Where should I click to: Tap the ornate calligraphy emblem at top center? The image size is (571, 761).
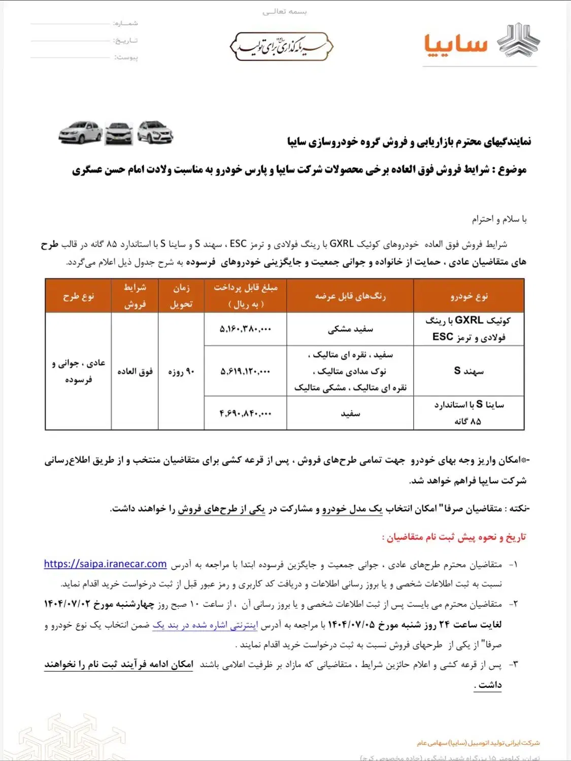click(x=282, y=47)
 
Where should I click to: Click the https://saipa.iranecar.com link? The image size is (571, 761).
click(x=105, y=564)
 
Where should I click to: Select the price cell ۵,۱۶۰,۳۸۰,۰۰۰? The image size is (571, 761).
click(x=245, y=329)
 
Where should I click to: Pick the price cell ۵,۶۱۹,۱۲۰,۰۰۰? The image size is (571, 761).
click(x=245, y=371)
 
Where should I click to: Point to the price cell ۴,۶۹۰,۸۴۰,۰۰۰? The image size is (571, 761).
click(x=245, y=413)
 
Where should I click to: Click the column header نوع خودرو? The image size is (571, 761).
click(x=468, y=296)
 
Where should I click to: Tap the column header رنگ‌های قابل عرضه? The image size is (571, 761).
click(x=350, y=296)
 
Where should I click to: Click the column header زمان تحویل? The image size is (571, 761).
click(x=181, y=296)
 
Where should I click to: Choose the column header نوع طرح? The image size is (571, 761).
click(x=78, y=296)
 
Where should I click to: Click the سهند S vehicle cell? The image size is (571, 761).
click(x=468, y=371)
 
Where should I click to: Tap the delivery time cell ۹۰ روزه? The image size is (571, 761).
click(x=181, y=371)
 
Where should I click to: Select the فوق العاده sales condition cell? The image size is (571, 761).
click(x=135, y=371)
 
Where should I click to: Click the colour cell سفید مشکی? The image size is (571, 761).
click(x=350, y=329)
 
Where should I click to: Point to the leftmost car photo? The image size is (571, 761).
click(x=80, y=133)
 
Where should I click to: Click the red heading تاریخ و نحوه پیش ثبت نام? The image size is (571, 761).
click(x=454, y=537)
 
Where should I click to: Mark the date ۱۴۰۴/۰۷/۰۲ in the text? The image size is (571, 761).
click(x=66, y=604)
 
